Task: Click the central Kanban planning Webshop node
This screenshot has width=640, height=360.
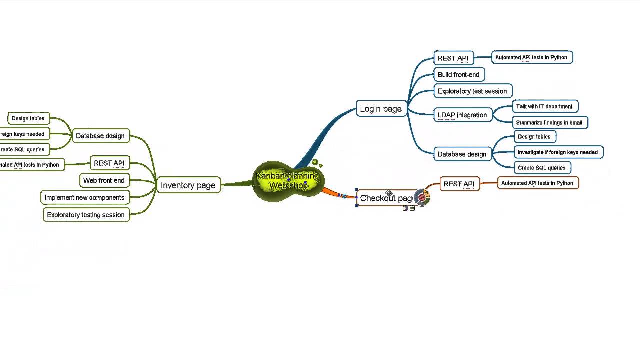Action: click(288, 181)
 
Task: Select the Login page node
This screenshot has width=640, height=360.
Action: click(381, 109)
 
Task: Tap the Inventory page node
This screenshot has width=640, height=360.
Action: click(188, 185)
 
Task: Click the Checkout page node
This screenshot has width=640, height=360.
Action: click(385, 198)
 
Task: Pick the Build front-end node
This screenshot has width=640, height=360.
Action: click(459, 75)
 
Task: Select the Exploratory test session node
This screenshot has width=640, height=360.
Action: click(472, 91)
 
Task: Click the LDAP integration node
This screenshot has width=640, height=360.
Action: click(462, 115)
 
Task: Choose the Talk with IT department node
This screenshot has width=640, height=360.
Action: click(544, 107)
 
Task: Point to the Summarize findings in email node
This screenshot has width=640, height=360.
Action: click(549, 123)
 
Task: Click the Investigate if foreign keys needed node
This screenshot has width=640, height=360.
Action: click(558, 152)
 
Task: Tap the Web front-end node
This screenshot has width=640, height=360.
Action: click(104, 180)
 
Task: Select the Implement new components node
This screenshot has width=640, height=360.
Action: click(84, 198)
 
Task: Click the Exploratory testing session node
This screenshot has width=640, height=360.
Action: click(86, 215)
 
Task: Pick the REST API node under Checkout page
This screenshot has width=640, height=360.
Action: click(459, 184)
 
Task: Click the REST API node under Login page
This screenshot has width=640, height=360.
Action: click(453, 58)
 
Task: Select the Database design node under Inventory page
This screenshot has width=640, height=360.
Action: click(100, 136)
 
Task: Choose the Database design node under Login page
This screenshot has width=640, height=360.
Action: click(462, 154)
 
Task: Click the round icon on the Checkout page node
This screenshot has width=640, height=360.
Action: click(422, 198)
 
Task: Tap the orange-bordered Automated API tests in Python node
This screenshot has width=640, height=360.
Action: click(537, 183)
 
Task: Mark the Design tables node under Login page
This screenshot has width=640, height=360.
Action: click(534, 137)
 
